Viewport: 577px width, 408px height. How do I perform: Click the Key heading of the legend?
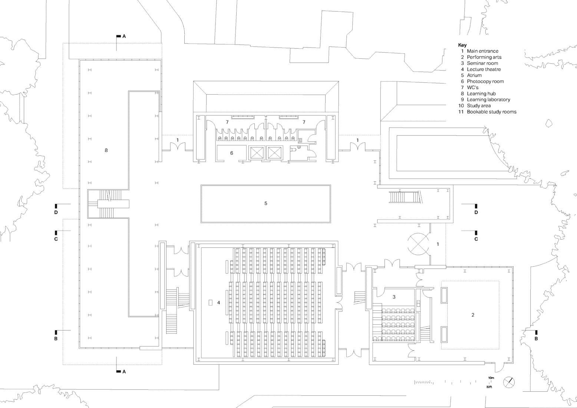tap(462, 45)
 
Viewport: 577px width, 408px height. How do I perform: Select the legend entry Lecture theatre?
tap(484, 69)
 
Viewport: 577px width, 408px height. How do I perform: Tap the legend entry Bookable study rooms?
tap(491, 112)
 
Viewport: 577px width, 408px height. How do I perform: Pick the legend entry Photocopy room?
tap(485, 82)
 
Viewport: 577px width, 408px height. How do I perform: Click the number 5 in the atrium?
tap(266, 204)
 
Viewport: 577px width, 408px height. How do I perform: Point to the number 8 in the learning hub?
tap(106, 150)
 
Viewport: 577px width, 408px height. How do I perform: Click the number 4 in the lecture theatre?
tap(218, 303)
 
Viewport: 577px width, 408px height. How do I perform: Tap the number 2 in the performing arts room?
tap(472, 315)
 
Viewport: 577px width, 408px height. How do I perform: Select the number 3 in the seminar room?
tap(394, 297)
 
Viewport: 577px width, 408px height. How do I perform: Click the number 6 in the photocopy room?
tap(232, 153)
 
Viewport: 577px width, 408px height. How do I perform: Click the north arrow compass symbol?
tap(509, 382)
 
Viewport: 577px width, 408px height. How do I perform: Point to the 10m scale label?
tap(491, 378)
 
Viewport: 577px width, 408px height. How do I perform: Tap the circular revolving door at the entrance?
tap(418, 244)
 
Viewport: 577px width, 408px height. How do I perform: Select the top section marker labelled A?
tap(124, 36)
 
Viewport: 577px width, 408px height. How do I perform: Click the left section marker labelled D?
tap(56, 212)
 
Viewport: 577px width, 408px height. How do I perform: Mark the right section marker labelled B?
tap(536, 338)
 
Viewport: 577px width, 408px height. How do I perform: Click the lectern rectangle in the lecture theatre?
tap(210, 303)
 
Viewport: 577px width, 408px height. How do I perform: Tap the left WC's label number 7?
tap(227, 122)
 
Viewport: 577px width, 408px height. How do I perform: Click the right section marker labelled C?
tap(476, 239)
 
